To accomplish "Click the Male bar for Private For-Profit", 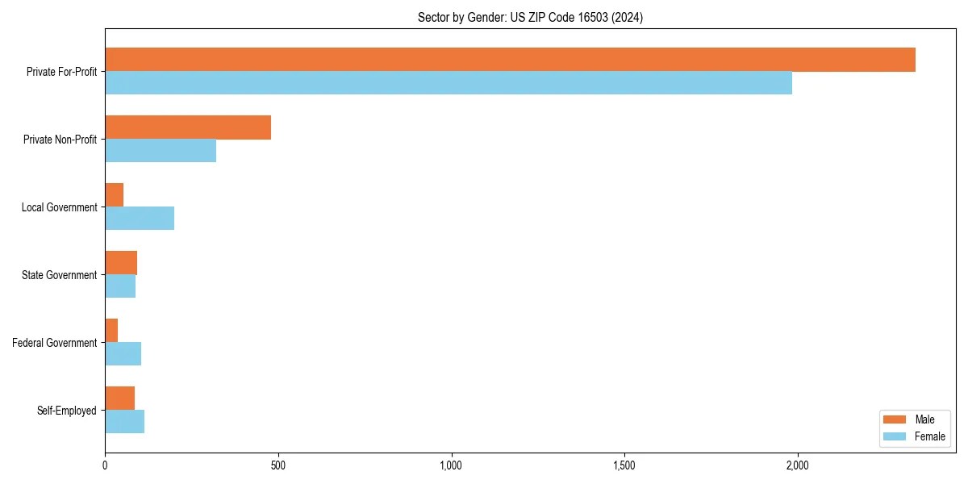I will (510, 60).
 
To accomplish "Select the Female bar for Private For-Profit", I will (449, 83).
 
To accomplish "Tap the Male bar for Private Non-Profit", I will (188, 127).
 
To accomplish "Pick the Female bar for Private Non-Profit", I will (161, 151).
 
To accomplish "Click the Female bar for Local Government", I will (140, 219).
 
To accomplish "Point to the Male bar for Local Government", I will (115, 195).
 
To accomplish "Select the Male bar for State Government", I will (121, 263).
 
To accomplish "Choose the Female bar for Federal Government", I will (123, 354).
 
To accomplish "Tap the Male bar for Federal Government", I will (111, 331).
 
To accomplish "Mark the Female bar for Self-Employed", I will (125, 422).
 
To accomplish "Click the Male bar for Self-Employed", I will (120, 398).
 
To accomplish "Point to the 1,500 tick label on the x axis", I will (624, 465).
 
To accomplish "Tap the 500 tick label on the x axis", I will (277, 465).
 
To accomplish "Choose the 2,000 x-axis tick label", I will (797, 465).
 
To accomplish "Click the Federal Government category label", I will (55, 343).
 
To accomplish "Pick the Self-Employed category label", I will (67, 411).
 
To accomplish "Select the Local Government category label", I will (60, 207).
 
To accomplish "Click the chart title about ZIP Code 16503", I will (530, 17).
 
